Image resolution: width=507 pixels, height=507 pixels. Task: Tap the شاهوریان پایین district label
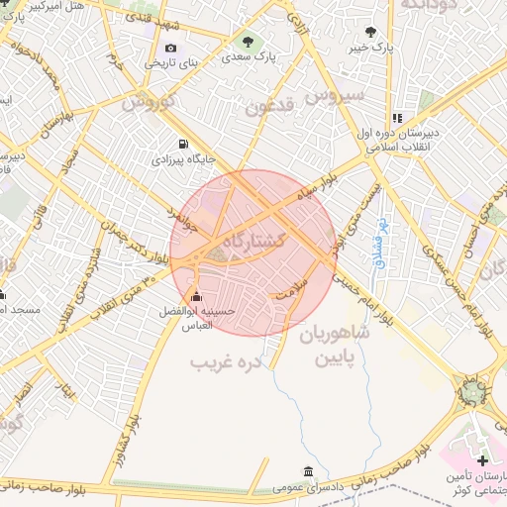tap(332, 345)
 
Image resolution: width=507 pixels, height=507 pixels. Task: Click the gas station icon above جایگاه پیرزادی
tap(181, 143)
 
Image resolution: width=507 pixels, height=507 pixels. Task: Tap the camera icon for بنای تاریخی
tap(171, 48)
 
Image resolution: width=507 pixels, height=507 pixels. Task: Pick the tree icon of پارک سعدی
tap(248, 42)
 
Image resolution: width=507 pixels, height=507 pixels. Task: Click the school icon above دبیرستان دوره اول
tap(397, 117)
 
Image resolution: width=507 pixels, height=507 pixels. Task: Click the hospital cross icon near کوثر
tap(482, 461)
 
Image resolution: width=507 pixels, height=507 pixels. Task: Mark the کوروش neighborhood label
tap(148, 102)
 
